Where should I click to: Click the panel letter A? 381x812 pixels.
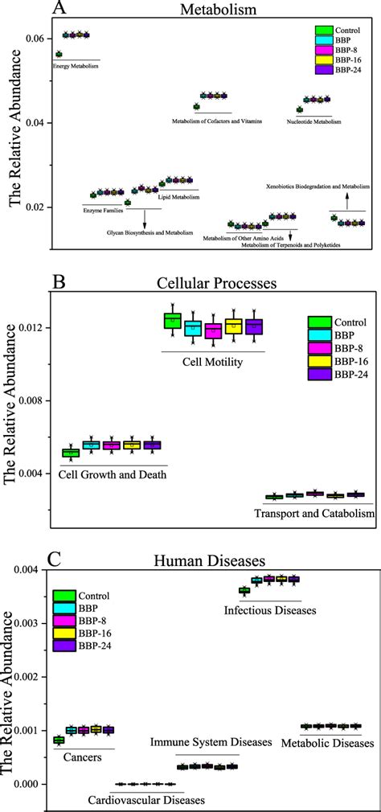point(58,8)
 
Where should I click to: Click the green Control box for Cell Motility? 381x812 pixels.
point(173,321)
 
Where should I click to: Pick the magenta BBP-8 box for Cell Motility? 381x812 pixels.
point(213,330)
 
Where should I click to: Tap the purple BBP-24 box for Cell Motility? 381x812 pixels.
point(253,326)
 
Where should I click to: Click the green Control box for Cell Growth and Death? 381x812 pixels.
point(71,453)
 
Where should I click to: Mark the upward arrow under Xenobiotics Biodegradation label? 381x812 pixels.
point(346,199)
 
